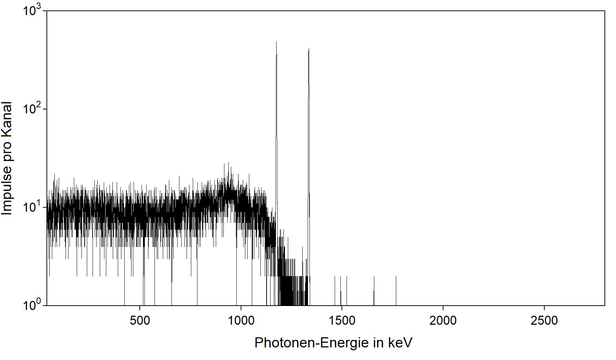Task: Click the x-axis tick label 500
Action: click(x=140, y=320)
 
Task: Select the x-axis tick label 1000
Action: click(x=241, y=320)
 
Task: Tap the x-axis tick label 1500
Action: click(x=342, y=320)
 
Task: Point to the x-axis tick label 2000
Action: click(x=443, y=320)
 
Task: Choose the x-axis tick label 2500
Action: click(x=544, y=320)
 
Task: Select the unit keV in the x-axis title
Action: click(x=400, y=343)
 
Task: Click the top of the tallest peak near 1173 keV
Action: click(x=276, y=42)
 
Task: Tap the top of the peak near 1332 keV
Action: click(x=309, y=49)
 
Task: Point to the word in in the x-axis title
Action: click(x=378, y=343)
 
